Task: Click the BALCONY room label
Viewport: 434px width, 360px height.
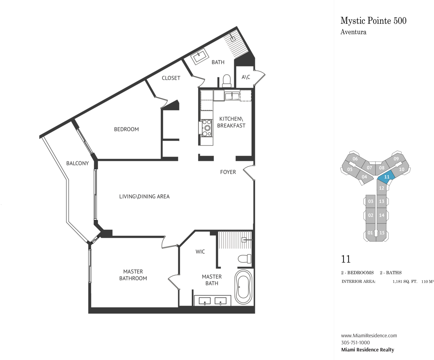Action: tap(77, 163)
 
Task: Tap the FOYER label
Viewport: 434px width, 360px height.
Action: tap(228, 172)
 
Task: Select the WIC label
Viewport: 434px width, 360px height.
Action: tap(200, 252)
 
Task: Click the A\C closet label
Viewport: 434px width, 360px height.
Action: tap(246, 77)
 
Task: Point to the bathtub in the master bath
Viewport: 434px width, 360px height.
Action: tap(243, 287)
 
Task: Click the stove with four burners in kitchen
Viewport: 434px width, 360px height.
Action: tap(207, 128)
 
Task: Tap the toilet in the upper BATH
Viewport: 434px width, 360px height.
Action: tap(227, 81)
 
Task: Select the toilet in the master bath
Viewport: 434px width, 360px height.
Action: tap(244, 259)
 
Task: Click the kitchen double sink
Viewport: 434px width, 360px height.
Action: tap(232, 96)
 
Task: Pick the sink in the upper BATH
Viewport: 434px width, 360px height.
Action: tap(200, 56)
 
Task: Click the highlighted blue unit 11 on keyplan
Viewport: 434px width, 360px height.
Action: tap(386, 177)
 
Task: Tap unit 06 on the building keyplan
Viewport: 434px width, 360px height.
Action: tap(355, 159)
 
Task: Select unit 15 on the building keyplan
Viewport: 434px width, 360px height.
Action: tap(381, 233)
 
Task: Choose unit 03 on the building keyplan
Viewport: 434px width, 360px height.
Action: tap(371, 201)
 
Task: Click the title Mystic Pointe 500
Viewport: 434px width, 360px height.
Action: tap(373, 21)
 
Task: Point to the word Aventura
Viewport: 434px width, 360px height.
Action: tap(353, 32)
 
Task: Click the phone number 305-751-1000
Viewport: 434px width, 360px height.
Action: tap(355, 342)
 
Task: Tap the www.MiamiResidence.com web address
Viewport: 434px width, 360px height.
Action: tap(369, 335)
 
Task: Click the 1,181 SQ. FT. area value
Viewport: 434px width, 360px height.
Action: tap(405, 282)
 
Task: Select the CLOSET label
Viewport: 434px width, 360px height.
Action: tap(171, 78)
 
